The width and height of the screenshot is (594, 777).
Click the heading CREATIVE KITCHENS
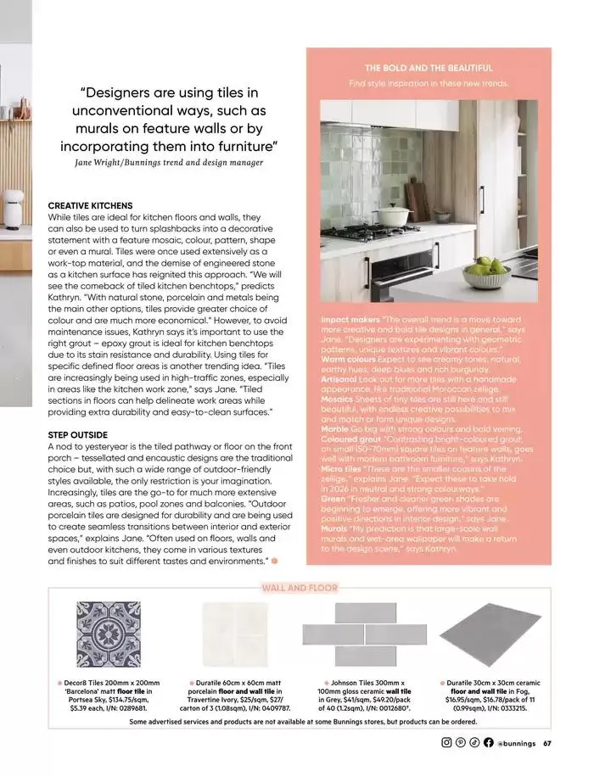(90, 206)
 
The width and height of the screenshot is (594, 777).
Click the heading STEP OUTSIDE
(78, 434)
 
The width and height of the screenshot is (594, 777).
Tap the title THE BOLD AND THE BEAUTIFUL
(429, 68)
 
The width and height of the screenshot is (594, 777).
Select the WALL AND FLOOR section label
(300, 588)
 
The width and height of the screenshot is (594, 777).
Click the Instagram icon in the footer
(447, 744)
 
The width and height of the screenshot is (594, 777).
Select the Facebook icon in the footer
(488, 744)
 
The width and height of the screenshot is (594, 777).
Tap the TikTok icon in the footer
(474, 744)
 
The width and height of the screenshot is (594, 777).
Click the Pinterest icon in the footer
(461, 744)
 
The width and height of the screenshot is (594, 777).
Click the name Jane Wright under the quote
(85, 162)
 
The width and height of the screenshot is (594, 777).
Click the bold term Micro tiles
(341, 468)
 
